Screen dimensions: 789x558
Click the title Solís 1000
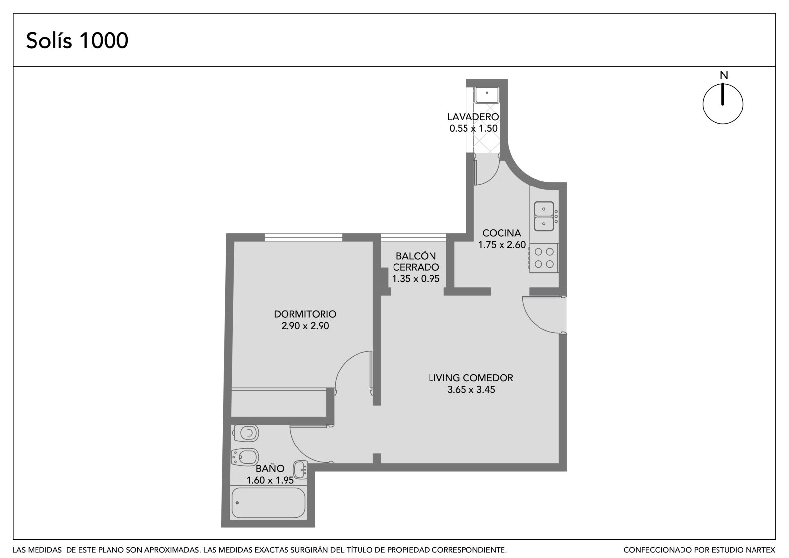[x=77, y=40]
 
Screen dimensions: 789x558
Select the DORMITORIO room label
[x=305, y=314]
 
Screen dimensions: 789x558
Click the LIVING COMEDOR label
[x=470, y=378]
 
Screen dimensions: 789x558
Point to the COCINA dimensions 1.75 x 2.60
[x=502, y=245]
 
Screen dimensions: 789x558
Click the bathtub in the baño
[x=268, y=503]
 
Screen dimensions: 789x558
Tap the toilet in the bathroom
[x=246, y=433]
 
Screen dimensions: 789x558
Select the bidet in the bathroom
[x=245, y=457]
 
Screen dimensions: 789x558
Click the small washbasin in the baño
[x=300, y=469]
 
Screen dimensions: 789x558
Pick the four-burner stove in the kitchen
[x=543, y=258]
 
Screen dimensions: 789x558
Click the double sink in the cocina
[x=544, y=216]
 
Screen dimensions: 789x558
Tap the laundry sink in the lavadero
[x=487, y=94]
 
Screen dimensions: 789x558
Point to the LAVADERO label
[x=473, y=116]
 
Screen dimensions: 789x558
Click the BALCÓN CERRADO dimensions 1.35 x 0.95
[x=416, y=279]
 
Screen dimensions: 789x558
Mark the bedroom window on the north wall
[x=303, y=237]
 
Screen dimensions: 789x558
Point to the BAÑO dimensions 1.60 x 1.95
[x=270, y=480]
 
